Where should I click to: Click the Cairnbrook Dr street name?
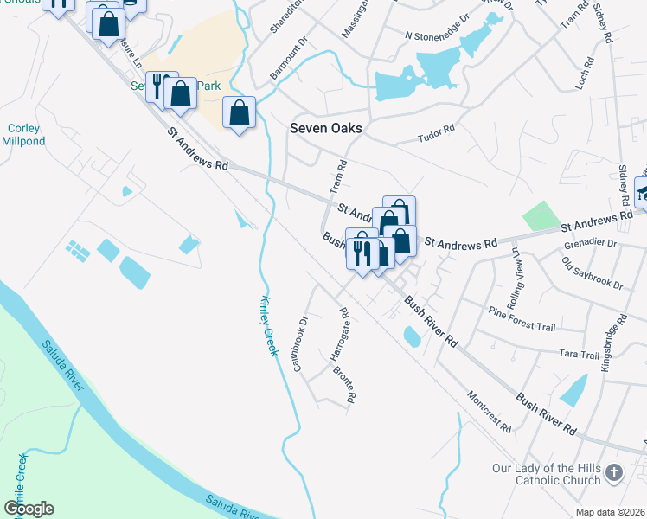(x=300, y=344)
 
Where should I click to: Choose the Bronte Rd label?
(x=345, y=386)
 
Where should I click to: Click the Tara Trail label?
(x=579, y=355)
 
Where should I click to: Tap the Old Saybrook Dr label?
(x=592, y=272)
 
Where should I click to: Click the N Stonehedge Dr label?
(x=437, y=38)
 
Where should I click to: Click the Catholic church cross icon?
(x=613, y=472)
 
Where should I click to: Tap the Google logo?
(x=29, y=509)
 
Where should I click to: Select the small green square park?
(x=541, y=215)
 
